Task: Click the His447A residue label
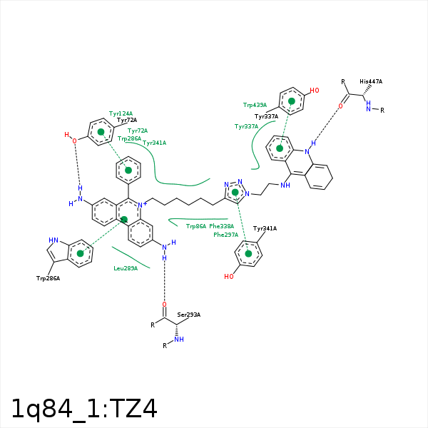point(371,82)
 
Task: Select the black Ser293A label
point(189,315)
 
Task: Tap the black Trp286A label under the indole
point(48,278)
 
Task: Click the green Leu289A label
point(126,268)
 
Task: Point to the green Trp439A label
point(255,105)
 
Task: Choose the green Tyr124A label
point(121,113)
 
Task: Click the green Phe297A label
point(225,235)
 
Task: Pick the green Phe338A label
point(221,226)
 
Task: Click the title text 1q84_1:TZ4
point(83,408)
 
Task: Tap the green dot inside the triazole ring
point(235,193)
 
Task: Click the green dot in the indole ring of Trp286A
point(81,253)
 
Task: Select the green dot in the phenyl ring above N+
point(128,170)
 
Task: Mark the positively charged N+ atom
point(141,206)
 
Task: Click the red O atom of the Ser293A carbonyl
point(164,304)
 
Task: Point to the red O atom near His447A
point(340,106)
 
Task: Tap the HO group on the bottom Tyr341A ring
point(228,277)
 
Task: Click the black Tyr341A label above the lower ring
point(265,228)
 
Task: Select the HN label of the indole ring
point(53,240)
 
